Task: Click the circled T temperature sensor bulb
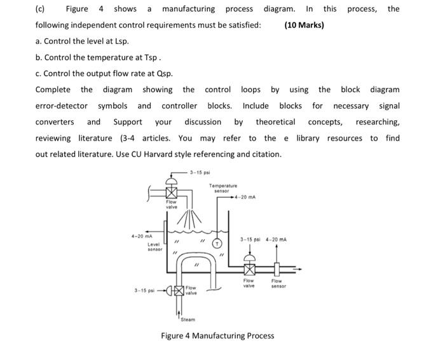(x=217, y=244)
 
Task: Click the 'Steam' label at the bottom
(x=188, y=319)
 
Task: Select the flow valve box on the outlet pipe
(x=249, y=269)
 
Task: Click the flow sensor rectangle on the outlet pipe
(x=277, y=268)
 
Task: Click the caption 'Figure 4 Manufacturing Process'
(x=217, y=335)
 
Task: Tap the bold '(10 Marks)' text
(x=304, y=25)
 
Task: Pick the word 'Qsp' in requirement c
(x=164, y=73)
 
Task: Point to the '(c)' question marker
(x=41, y=9)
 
